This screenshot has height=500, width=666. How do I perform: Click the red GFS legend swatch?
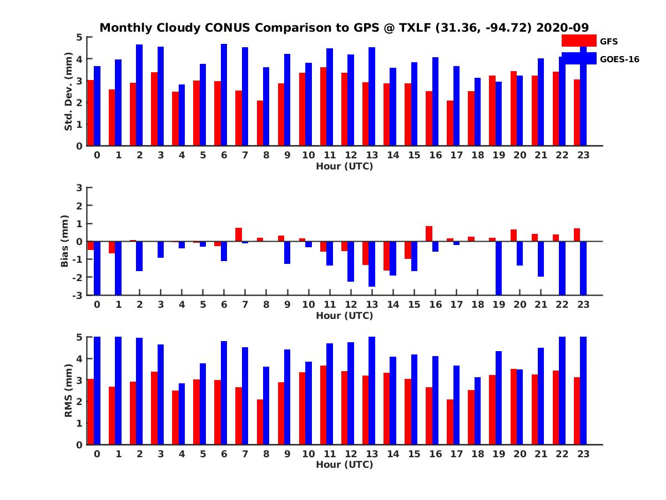[579, 41]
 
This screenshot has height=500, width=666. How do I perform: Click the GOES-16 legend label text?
[620, 59]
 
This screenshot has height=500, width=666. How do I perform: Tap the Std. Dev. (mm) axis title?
[69, 92]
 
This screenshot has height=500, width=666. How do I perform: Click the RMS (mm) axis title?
[69, 391]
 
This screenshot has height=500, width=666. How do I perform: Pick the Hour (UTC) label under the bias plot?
[344, 316]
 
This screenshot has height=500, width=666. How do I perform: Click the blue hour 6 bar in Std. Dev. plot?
[224, 95]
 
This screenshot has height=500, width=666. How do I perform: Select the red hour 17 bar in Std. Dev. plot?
[450, 123]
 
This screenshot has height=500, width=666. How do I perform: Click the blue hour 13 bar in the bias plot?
[372, 264]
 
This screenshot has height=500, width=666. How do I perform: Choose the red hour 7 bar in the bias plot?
[239, 234]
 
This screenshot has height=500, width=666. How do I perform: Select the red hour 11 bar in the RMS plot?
[323, 405]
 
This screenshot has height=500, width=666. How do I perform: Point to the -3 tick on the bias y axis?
[79, 295]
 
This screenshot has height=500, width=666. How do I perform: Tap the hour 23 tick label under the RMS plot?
[583, 453]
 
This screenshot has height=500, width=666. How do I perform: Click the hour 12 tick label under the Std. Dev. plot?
[351, 155]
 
